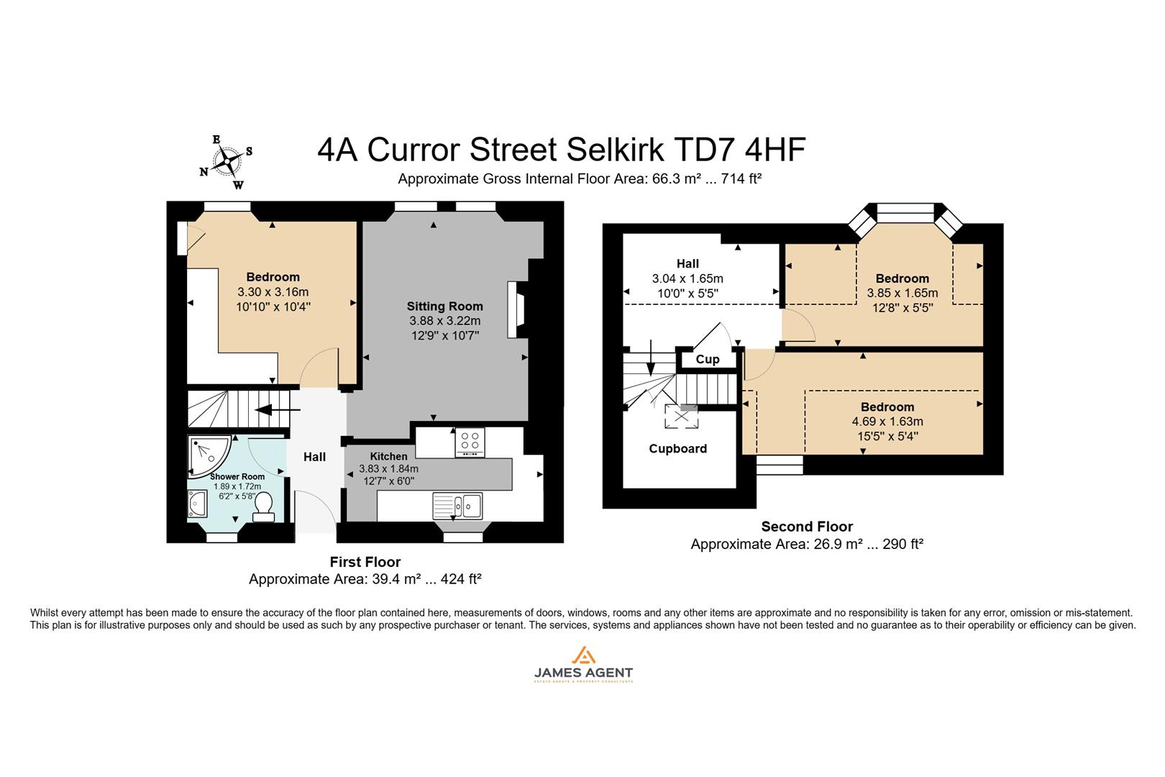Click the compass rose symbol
(x=228, y=162)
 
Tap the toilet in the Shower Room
(x=263, y=506)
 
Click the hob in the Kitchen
(x=470, y=442)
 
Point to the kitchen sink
(x=457, y=505)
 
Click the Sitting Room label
(x=444, y=306)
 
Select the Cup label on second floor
(x=708, y=360)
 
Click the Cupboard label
(x=677, y=449)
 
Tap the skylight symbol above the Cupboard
(x=680, y=417)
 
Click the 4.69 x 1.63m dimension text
(x=887, y=422)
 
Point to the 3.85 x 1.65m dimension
(x=902, y=293)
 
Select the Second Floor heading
(x=807, y=527)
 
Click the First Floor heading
(x=365, y=562)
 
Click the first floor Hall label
(x=314, y=457)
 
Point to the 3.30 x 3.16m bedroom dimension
(x=273, y=292)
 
